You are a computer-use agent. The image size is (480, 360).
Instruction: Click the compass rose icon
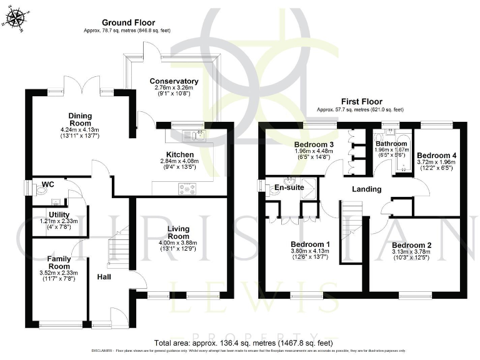click(17, 19)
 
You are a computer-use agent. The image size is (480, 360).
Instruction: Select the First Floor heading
click(361, 101)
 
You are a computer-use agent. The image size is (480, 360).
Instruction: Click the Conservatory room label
click(174, 81)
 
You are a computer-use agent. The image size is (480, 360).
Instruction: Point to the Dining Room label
click(81, 119)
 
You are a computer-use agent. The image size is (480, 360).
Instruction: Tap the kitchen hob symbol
click(187, 186)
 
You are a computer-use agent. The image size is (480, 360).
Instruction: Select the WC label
click(49, 185)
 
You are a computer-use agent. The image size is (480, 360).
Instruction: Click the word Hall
click(104, 276)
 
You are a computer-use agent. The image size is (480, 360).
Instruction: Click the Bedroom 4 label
click(437, 156)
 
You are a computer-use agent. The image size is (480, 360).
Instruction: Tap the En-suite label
click(289, 187)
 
